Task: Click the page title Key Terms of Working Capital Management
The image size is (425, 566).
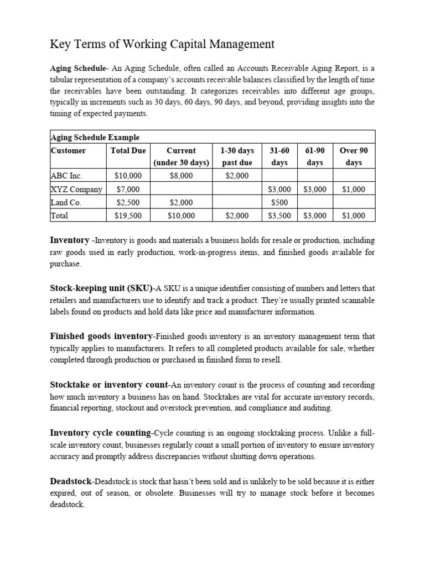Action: pos(162,44)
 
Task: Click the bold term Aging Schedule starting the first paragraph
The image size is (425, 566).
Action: pos(77,69)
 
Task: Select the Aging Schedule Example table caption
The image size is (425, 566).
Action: pos(95,137)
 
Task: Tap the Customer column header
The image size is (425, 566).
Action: pos(68,150)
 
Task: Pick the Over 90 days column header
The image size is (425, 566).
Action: pos(353,156)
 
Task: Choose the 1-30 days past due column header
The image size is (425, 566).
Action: pos(237,156)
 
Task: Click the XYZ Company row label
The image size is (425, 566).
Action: pos(76,189)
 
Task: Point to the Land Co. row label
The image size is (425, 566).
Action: pos(66,202)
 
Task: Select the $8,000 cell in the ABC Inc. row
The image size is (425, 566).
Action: pos(181,176)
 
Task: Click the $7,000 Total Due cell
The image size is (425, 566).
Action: pos(128,189)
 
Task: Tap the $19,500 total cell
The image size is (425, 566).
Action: pos(128,216)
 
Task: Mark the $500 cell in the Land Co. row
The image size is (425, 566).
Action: pos(279,202)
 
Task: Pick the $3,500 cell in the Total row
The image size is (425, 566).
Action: pos(279,216)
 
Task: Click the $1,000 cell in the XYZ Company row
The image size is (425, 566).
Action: pos(353,189)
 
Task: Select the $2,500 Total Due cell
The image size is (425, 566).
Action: pos(128,202)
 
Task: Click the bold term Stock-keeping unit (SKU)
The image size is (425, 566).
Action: pos(101,288)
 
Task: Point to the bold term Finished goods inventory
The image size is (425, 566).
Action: pos(101,336)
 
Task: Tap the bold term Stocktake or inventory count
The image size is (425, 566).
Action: pos(109,384)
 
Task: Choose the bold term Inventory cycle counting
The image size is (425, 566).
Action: pos(101,432)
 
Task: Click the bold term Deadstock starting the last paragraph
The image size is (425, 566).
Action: pos(71,481)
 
